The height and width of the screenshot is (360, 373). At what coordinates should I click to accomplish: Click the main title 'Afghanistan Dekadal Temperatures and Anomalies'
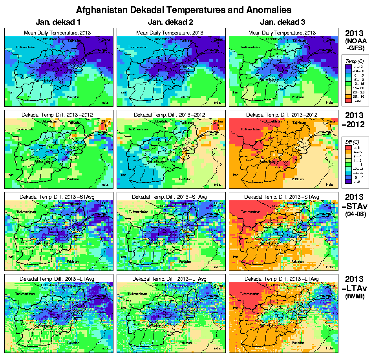pyautogui.click(x=184, y=9)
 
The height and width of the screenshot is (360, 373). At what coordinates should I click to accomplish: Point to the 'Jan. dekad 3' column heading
pyautogui.click(x=283, y=22)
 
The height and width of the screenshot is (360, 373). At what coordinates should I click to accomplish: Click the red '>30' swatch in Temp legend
pyautogui.click(x=348, y=101)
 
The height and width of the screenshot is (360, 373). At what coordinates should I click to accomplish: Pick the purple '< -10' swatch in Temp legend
pyautogui.click(x=348, y=67)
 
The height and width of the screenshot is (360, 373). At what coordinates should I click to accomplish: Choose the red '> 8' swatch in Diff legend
pyautogui.click(x=348, y=148)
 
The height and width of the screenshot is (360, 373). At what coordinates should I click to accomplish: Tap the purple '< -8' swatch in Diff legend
pyautogui.click(x=348, y=182)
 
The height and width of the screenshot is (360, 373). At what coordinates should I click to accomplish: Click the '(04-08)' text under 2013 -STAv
pyautogui.click(x=355, y=214)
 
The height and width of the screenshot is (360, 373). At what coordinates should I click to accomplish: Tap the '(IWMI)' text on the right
pyautogui.click(x=355, y=296)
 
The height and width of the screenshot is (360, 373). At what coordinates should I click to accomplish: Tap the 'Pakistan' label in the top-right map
pyautogui.click(x=298, y=97)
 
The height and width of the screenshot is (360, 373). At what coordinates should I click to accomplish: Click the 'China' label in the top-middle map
pyautogui.click(x=218, y=40)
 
